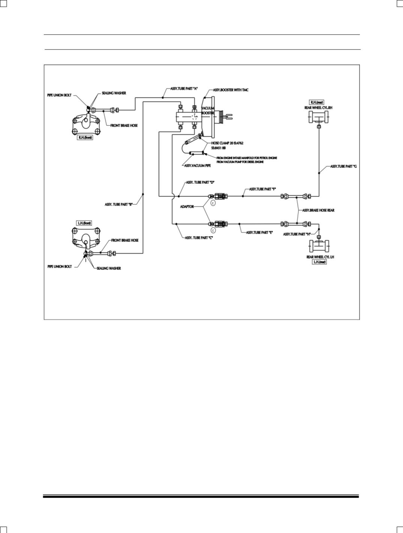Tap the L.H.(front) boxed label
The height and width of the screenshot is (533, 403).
tap(84, 223)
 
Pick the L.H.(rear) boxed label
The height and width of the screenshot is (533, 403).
tap(320, 262)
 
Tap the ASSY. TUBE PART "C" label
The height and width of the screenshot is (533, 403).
tap(199, 237)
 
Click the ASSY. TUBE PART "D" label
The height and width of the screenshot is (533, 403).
tap(200, 182)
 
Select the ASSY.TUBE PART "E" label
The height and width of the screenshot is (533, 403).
tap(259, 233)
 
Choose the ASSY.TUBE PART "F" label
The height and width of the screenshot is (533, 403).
tap(263, 189)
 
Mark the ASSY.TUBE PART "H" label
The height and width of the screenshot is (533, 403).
tap(296, 234)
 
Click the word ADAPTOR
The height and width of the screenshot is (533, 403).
tap(187, 206)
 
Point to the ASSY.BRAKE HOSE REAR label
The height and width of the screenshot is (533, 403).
tap(318, 210)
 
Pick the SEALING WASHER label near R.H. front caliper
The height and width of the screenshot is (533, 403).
tap(114, 93)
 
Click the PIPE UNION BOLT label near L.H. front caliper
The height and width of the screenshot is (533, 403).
tap(60, 266)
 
